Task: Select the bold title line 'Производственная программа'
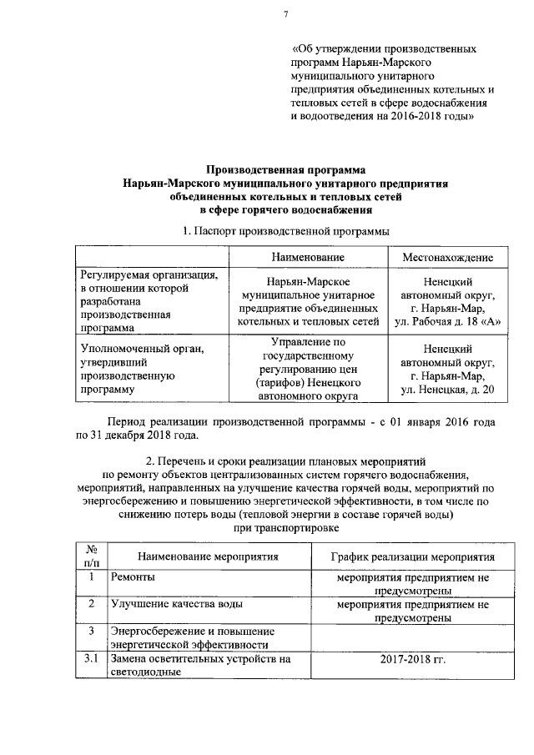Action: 285,169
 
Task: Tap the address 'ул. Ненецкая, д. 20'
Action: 447,389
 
